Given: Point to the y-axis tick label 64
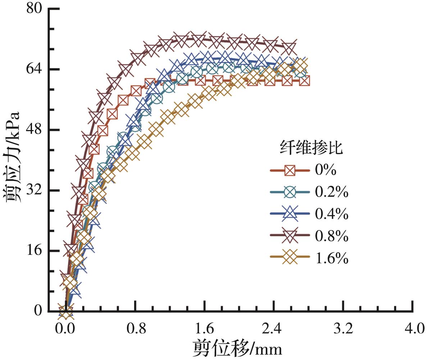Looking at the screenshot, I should (x=34, y=69).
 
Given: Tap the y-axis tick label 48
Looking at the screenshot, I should (x=34, y=129).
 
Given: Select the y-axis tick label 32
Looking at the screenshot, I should (x=34, y=190).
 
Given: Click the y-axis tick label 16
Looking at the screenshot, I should (x=34, y=250).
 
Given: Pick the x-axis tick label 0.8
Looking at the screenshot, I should (x=135, y=328).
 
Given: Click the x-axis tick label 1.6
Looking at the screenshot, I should (x=205, y=328).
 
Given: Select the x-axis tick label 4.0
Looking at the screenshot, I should (x=413, y=328).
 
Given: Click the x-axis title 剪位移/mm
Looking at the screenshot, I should (x=237, y=348).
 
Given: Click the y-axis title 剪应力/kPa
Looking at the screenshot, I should (x=13, y=158).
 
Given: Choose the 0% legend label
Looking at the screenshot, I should (x=326, y=170).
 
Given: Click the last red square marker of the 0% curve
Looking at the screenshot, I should (x=304, y=80).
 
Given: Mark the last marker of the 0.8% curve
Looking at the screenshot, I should (x=289, y=47).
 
